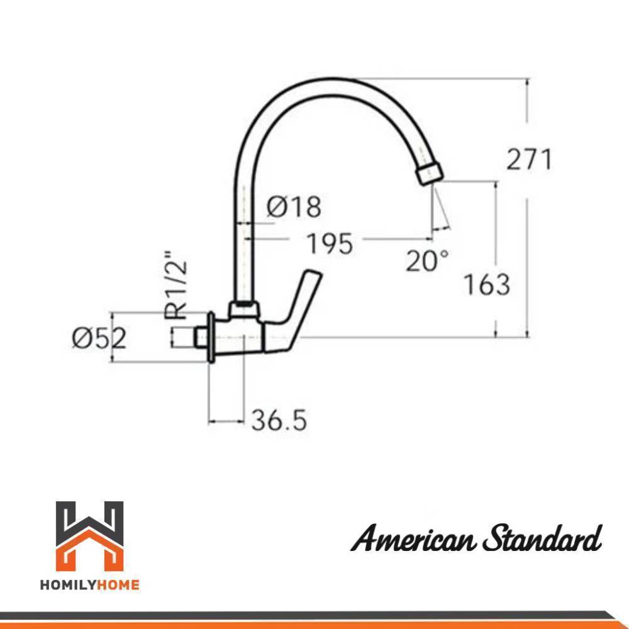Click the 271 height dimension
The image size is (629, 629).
click(x=529, y=159)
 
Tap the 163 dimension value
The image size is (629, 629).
click(x=487, y=284)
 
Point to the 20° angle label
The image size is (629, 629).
click(x=427, y=261)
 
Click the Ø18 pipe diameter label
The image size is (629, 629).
click(x=294, y=207)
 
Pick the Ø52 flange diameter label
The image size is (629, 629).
click(x=99, y=338)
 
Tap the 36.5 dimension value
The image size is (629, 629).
click(x=279, y=420)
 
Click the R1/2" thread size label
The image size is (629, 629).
click(x=175, y=285)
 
